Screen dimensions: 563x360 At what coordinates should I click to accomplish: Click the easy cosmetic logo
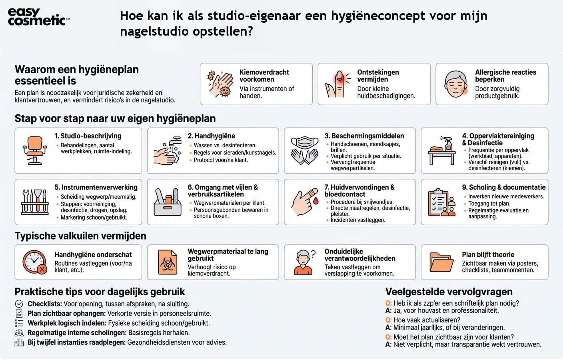click(38, 17)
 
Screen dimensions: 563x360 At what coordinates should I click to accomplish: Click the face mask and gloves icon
click(305, 150)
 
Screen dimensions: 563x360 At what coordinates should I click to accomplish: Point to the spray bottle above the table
click(448, 144)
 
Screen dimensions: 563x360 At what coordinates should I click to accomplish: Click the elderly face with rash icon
click(456, 84)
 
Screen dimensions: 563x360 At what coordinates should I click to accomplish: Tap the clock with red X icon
click(35, 262)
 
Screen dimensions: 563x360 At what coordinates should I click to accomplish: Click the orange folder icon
click(441, 262)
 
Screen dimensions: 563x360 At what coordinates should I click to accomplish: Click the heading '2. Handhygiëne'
click(212, 136)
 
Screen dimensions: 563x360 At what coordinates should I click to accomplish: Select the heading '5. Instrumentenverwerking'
click(96, 187)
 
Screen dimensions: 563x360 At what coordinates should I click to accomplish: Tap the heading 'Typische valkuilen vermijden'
click(80, 236)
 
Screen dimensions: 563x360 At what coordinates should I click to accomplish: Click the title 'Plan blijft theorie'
click(488, 255)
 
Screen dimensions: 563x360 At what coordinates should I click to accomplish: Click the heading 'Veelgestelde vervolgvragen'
click(449, 292)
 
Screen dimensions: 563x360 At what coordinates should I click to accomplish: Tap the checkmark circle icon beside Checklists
click(19, 304)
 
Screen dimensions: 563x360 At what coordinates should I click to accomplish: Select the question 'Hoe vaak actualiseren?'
click(426, 320)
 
